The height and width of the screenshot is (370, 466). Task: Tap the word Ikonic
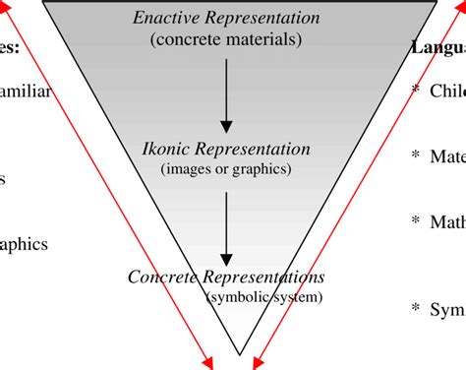(x=168, y=150)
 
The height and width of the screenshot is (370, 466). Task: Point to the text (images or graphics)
(x=226, y=168)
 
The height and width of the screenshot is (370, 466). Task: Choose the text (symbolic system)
(x=262, y=294)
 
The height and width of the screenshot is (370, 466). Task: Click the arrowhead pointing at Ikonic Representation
(x=227, y=125)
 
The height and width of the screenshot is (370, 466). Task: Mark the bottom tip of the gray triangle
(x=239, y=352)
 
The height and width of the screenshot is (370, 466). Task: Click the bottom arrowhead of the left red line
(x=211, y=363)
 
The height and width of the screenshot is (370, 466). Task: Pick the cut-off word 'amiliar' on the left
(x=24, y=92)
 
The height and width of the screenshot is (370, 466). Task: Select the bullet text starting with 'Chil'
(x=447, y=92)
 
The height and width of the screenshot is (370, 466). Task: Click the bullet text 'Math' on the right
(x=447, y=221)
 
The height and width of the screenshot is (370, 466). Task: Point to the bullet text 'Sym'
(x=448, y=308)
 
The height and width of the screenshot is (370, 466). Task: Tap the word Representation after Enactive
(x=264, y=19)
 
